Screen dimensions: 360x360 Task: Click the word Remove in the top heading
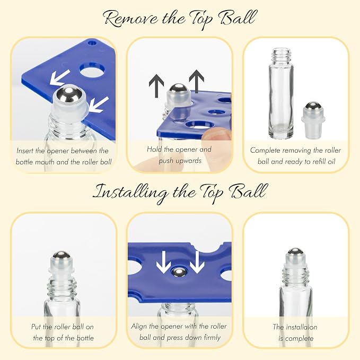pos(131,19)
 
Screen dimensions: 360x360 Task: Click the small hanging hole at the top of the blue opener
pos(93,43)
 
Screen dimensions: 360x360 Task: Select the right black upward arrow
pos(196,81)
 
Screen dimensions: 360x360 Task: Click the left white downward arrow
pos(163,262)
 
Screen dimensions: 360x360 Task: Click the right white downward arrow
pos(197,262)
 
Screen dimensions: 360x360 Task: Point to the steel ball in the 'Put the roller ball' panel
pos(62,255)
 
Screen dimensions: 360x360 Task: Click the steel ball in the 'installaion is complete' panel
pos(295,251)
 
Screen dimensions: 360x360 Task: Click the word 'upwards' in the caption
pos(180,161)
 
